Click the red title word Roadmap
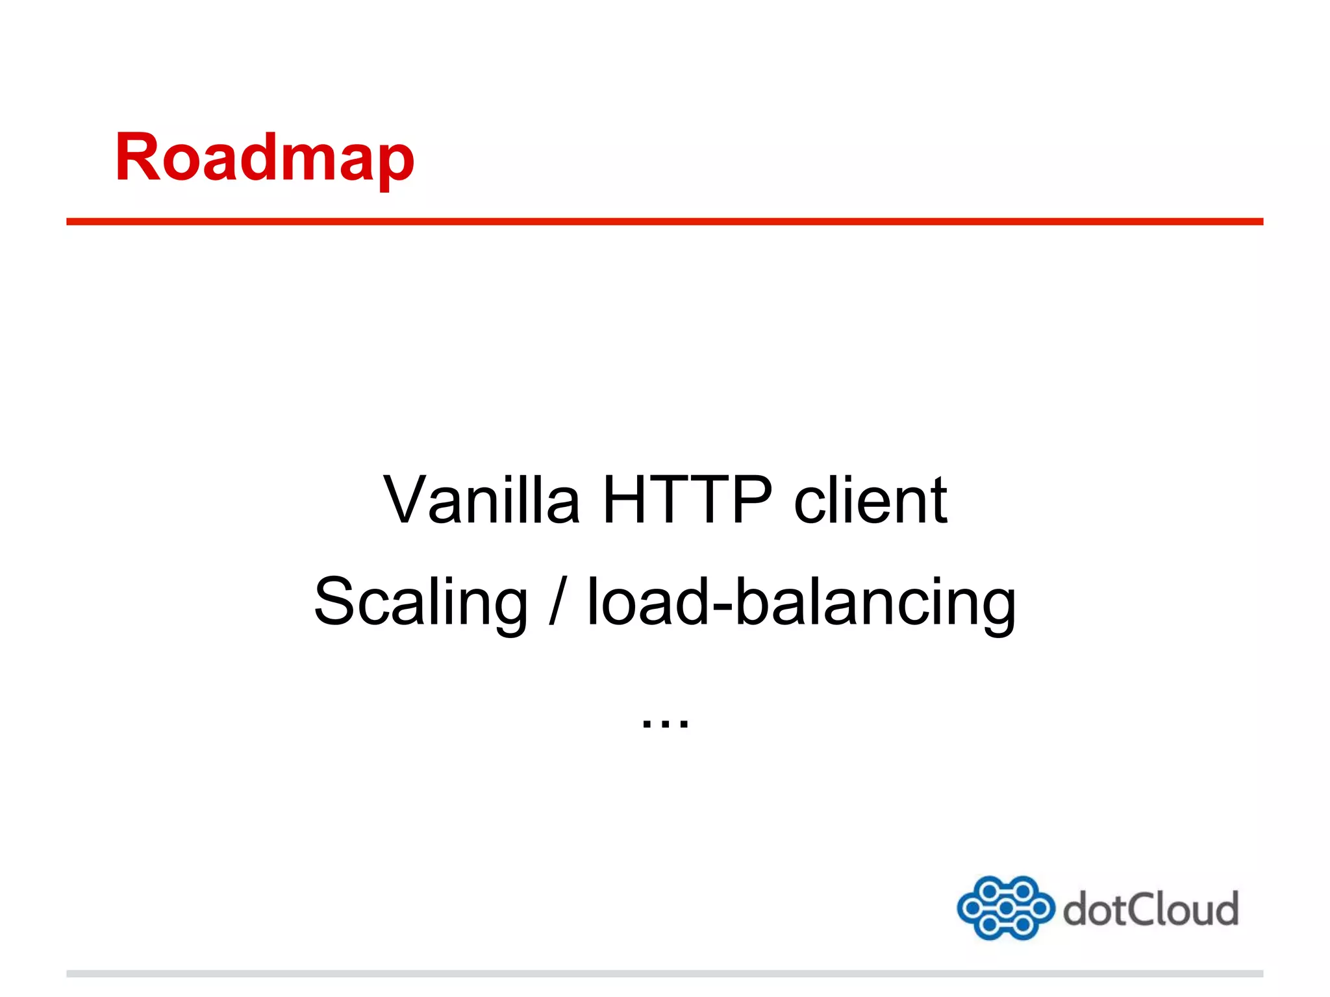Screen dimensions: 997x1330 tap(264, 158)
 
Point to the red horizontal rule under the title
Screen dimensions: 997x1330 tap(664, 221)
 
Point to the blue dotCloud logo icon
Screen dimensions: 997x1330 tap(1005, 907)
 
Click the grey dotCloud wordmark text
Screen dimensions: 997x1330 tap(1150, 909)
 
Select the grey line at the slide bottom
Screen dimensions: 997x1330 tap(664, 974)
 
